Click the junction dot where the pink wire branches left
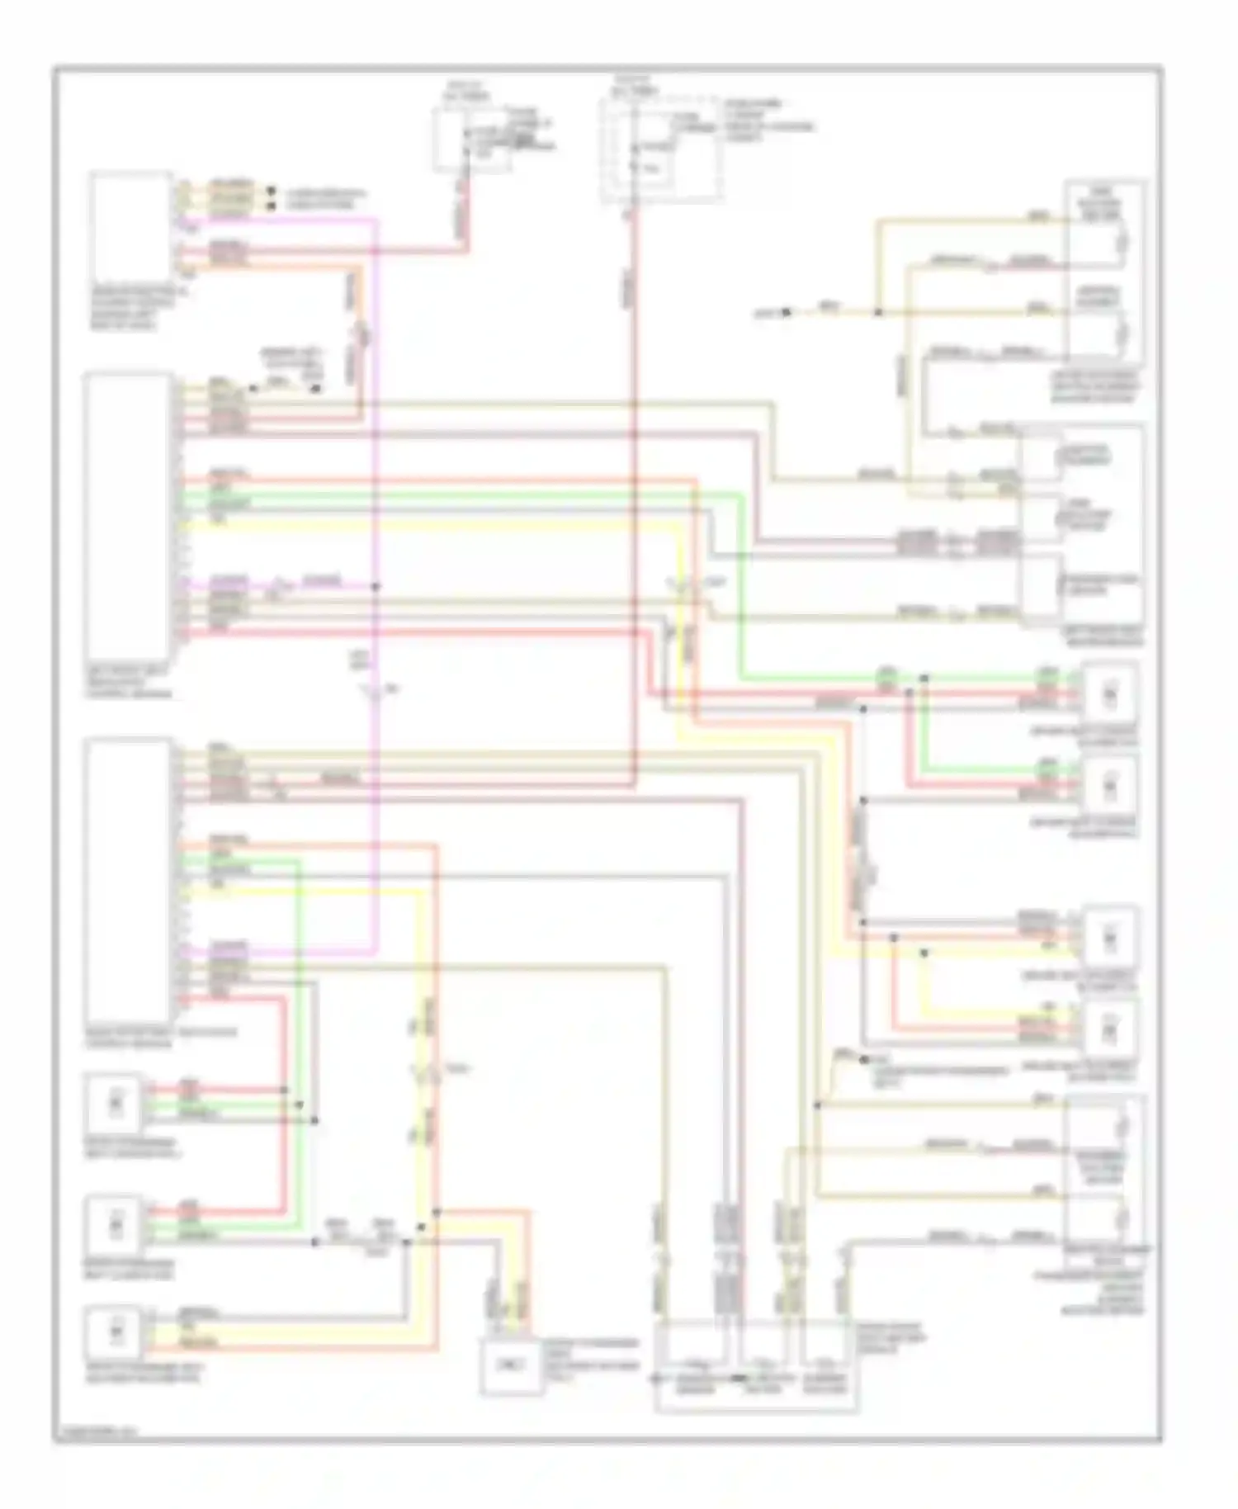coord(376,587)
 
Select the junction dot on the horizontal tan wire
coord(878,312)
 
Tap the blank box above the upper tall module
coord(130,227)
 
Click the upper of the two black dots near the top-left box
coord(271,192)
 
